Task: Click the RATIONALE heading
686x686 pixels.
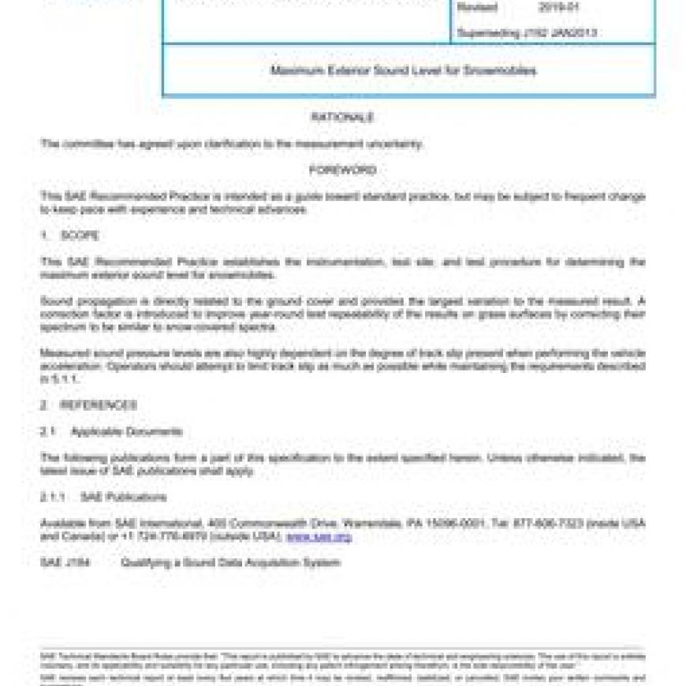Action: click(342, 117)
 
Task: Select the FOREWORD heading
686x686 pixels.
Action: click(342, 170)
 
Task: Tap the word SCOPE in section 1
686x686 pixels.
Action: click(80, 236)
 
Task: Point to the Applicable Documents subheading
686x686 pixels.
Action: click(126, 432)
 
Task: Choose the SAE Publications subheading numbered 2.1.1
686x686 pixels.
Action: click(123, 498)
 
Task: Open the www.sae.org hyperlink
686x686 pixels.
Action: click(319, 537)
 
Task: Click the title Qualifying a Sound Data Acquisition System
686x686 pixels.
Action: click(230, 563)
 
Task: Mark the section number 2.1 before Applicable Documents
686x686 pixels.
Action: click(48, 432)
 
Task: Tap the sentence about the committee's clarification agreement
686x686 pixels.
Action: click(232, 144)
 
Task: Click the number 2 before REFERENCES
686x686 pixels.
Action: click(44, 405)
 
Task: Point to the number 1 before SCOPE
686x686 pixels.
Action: click(44, 236)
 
